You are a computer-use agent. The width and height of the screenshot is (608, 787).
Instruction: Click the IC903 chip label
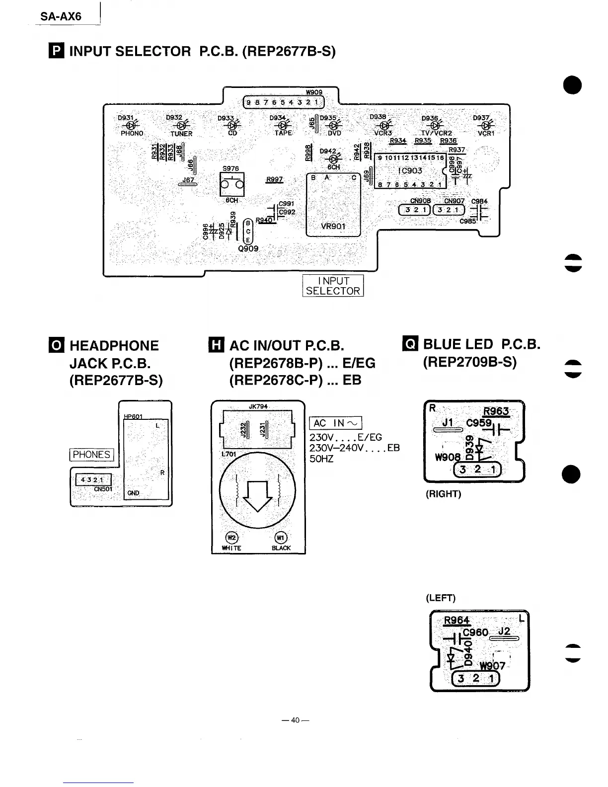tap(410, 171)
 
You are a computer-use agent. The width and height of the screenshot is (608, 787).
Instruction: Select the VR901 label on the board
tap(333, 227)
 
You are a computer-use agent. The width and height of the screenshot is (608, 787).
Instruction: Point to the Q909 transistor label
tap(248, 248)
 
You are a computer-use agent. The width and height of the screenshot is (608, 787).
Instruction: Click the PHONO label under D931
tap(132, 134)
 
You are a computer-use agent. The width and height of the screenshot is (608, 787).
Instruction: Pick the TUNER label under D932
tap(181, 134)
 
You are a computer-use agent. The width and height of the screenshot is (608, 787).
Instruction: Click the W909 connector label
tap(314, 92)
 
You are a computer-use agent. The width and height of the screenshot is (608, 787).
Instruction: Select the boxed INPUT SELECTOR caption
tap(333, 286)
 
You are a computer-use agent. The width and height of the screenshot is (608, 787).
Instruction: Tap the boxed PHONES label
tap(91, 455)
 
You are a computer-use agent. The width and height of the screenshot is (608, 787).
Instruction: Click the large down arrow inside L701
tap(257, 495)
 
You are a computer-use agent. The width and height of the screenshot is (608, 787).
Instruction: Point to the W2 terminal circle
tap(232, 538)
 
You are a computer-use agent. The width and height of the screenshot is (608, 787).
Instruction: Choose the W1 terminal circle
tap(281, 538)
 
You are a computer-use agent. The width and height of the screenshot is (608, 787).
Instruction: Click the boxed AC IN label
tap(335, 423)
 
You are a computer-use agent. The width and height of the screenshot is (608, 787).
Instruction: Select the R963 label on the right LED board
tap(496, 411)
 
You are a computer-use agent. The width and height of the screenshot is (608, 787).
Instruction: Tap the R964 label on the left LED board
tap(456, 621)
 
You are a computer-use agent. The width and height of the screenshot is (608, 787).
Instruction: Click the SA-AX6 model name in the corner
tap(61, 16)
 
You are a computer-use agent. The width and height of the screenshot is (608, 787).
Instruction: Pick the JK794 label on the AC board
tap(258, 406)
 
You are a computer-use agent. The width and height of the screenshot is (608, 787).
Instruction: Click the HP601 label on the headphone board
tap(133, 416)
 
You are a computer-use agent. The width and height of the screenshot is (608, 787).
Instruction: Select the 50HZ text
tap(321, 459)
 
